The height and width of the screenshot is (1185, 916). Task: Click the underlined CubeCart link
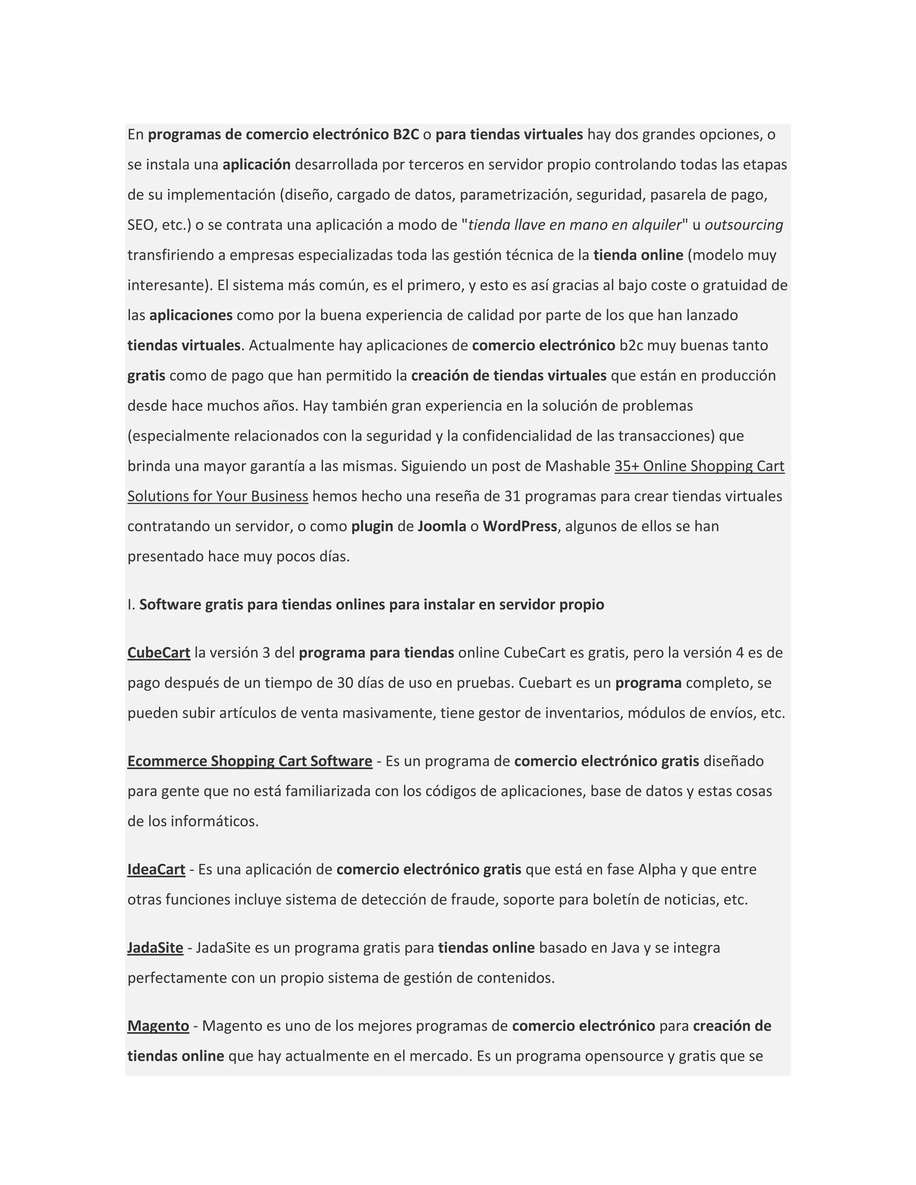click(158, 653)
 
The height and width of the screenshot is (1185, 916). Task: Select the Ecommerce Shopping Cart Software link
click(250, 761)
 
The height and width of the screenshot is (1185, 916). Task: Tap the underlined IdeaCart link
click(156, 870)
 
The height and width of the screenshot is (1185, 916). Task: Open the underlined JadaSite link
click(155, 948)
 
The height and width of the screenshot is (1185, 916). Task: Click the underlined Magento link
click(158, 1026)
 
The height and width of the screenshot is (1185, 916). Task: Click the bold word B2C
click(406, 135)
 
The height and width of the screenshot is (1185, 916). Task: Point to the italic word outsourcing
click(743, 224)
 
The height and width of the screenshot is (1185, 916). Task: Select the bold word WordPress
click(519, 526)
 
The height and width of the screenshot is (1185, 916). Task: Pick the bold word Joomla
click(442, 526)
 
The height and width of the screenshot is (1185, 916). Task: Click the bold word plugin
click(372, 526)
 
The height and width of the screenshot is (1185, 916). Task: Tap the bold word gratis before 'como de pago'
click(146, 376)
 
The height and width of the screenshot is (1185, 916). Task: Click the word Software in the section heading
click(170, 605)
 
